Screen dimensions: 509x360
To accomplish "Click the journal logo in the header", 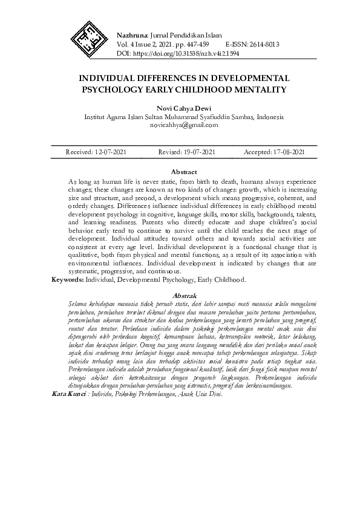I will (x=87, y=36).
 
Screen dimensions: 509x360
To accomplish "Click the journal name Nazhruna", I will (x=131, y=35).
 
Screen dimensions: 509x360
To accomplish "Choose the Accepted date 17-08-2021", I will (x=289, y=152).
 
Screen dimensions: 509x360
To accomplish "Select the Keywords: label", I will (x=67, y=280).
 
